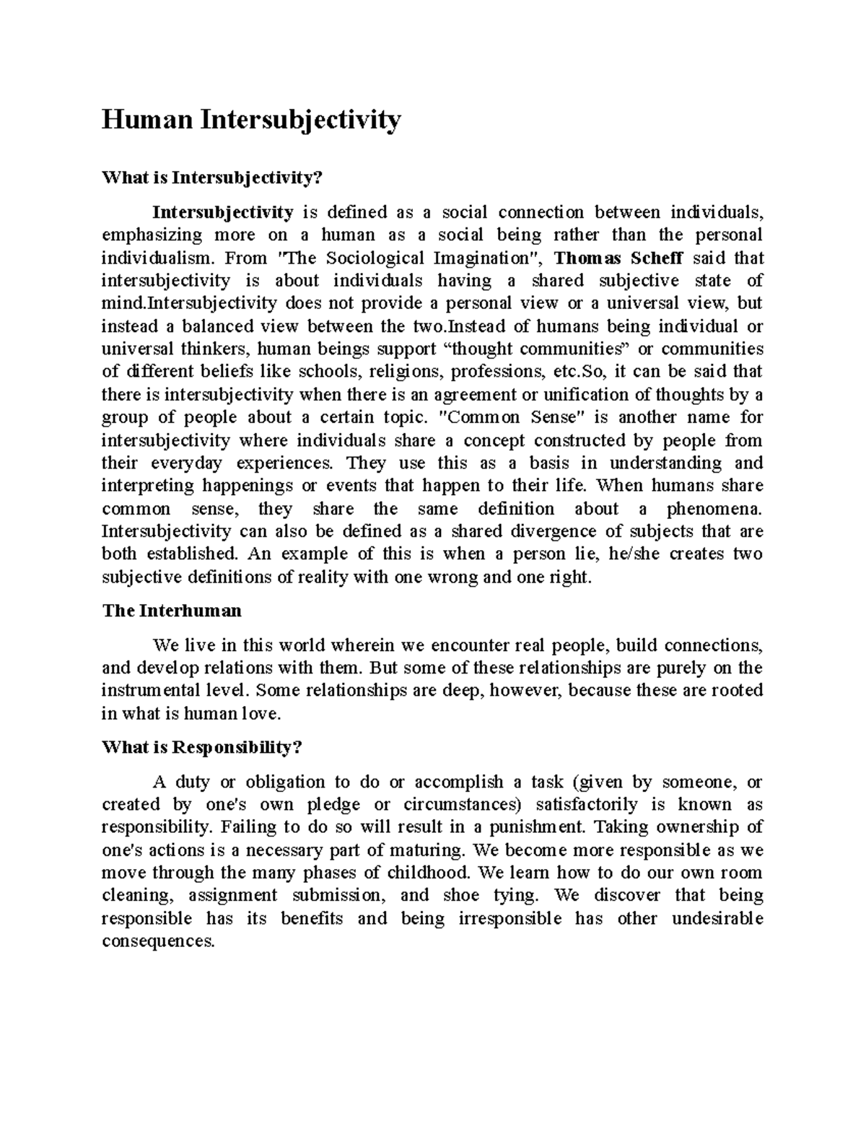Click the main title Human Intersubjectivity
click(250, 120)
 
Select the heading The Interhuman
click(172, 611)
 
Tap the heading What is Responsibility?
click(201, 748)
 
